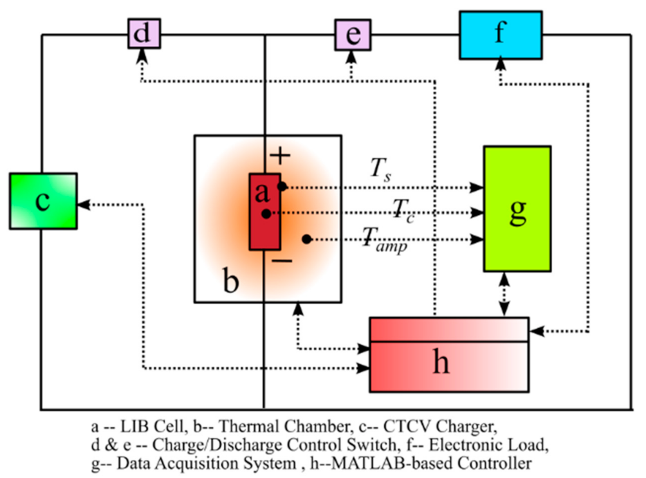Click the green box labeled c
coord(43,201)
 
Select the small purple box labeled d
coord(143,33)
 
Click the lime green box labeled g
coord(517,208)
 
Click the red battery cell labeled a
coord(264,211)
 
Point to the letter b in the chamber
coord(230,282)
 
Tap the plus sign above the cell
coord(280,156)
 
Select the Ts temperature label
coord(378,169)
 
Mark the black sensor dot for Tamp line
coord(307,239)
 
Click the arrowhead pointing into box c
coord(82,205)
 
